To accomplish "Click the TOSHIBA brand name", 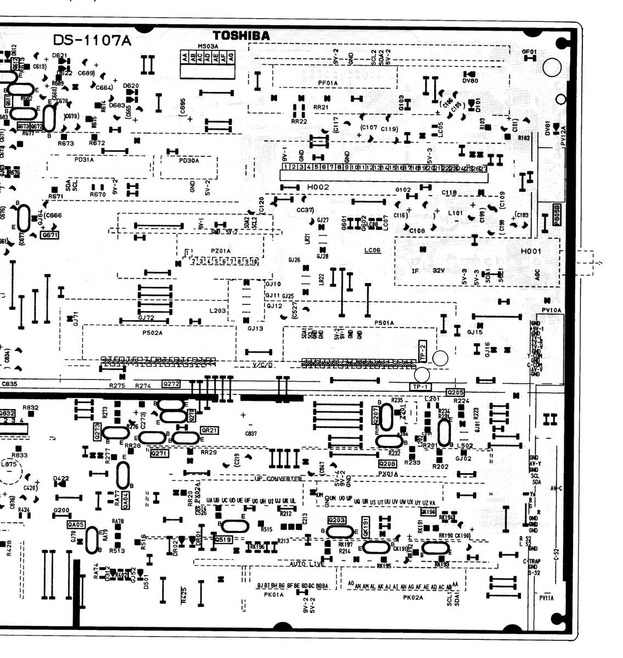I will pos(241,36).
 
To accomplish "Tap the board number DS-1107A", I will pos(92,40).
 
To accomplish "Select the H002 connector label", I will pos(318,187).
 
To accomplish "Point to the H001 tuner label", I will pos(531,251).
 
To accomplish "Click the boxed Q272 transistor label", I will pos(171,384).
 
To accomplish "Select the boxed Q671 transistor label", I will pos(49,235).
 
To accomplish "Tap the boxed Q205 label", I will pos(456,392).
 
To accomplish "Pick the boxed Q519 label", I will pos(223,540).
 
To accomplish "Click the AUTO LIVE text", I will pos(306,563).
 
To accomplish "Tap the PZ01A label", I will pos(221,251).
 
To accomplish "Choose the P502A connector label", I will pos(152,332).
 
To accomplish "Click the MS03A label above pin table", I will pos(208,46).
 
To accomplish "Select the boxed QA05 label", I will pos(76,524).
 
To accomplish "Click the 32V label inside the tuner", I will pos(438,270).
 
